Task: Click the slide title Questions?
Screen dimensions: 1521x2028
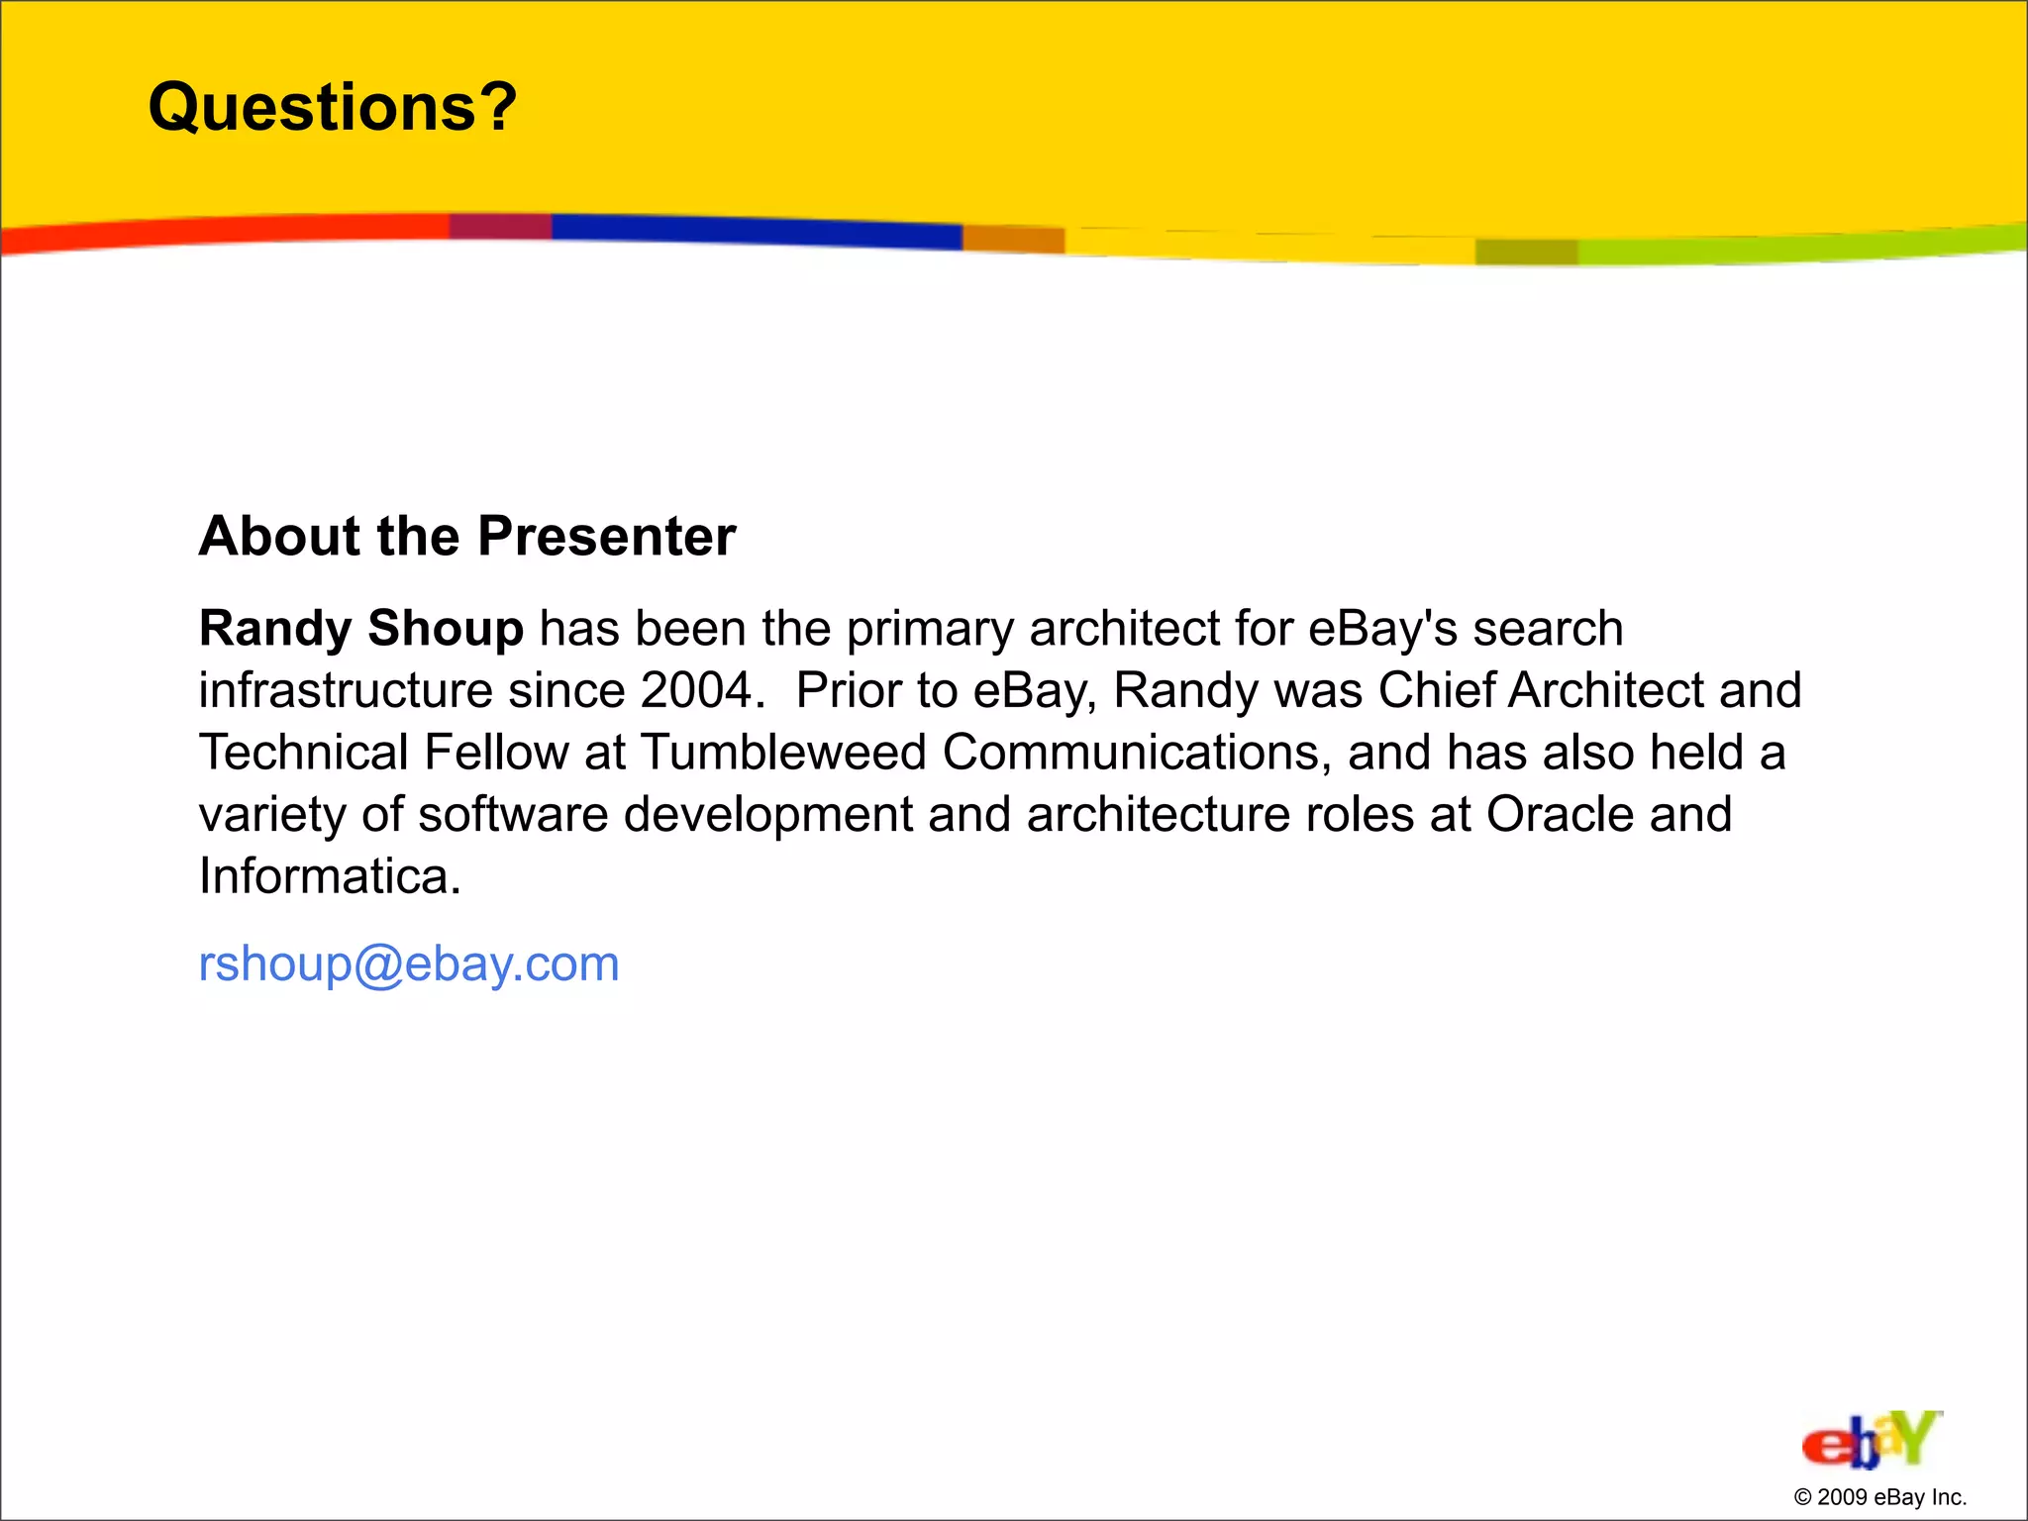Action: tap(332, 107)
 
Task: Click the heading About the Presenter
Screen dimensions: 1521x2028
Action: tap(466, 536)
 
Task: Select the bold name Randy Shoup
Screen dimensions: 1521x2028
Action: tap(360, 629)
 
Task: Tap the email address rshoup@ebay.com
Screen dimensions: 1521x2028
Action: tap(408, 963)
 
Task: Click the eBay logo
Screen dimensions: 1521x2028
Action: tap(1871, 1440)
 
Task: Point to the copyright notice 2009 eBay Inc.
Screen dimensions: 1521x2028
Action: tap(1879, 1497)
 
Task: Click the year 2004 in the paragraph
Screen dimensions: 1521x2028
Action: tap(696, 690)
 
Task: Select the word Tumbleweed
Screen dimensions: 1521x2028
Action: tap(783, 753)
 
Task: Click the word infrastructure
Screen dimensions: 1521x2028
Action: tap(345, 690)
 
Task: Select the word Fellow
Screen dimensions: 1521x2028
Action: tap(495, 753)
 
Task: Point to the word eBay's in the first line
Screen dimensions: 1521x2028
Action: tap(1382, 629)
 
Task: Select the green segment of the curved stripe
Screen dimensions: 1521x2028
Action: tap(1802, 245)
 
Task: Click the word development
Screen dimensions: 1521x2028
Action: tap(767, 814)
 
